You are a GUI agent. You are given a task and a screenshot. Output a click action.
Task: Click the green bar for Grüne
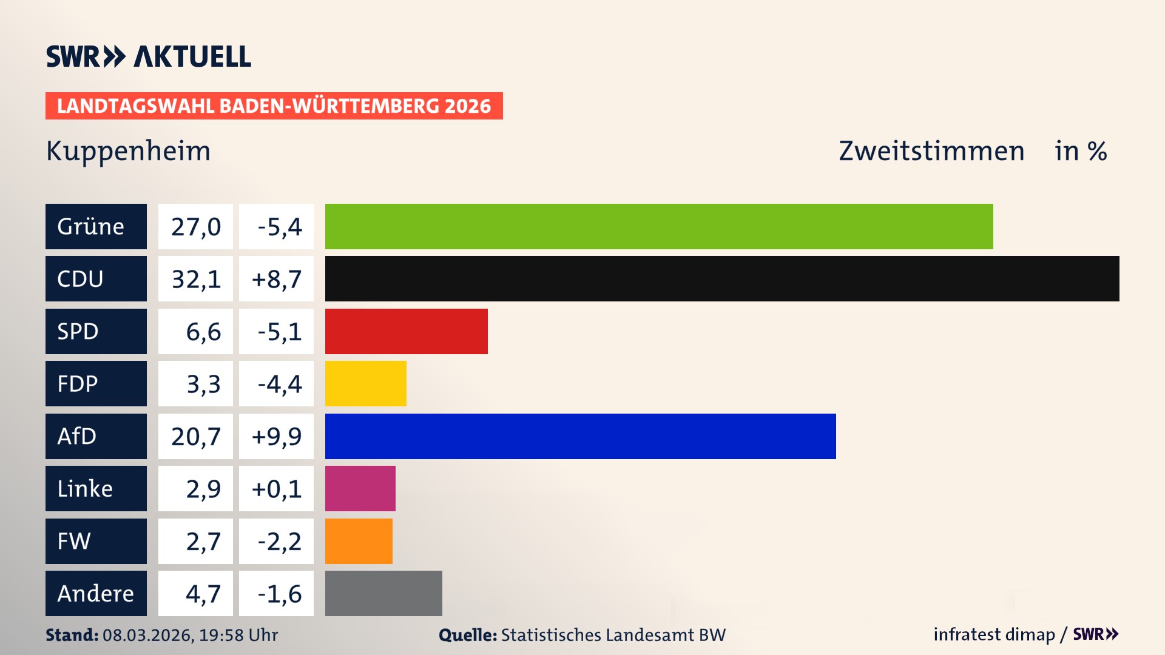tap(658, 226)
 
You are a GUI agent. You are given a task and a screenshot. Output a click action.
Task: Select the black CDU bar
tap(722, 278)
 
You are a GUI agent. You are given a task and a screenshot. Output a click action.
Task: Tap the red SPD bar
tap(406, 331)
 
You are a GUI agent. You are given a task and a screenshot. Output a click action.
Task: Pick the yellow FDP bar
tap(365, 383)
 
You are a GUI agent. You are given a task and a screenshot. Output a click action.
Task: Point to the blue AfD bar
tap(580, 436)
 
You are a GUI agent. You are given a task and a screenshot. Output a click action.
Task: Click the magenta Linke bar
tap(360, 488)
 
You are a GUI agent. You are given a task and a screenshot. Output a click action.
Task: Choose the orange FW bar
tap(359, 541)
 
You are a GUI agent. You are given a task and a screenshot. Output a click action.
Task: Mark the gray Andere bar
tap(383, 593)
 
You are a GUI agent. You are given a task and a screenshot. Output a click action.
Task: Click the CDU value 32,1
tap(195, 279)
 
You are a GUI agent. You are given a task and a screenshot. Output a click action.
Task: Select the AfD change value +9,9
tap(276, 436)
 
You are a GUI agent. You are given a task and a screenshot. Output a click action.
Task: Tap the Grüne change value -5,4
tap(279, 227)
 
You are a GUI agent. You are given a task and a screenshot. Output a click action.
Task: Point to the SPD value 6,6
tap(203, 332)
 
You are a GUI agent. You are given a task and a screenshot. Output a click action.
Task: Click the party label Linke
tap(85, 488)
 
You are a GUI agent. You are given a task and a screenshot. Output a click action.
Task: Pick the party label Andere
tap(95, 593)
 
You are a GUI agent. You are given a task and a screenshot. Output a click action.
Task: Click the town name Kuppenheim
tap(128, 151)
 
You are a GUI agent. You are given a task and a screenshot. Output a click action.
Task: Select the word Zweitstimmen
tap(931, 151)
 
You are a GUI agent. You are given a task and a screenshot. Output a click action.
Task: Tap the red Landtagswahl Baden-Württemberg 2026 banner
tap(274, 106)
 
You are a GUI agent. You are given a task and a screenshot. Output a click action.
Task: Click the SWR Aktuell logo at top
tap(149, 56)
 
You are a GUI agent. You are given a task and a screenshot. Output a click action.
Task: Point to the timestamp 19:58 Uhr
tap(238, 635)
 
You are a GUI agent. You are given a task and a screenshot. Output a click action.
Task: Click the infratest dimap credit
tap(993, 634)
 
